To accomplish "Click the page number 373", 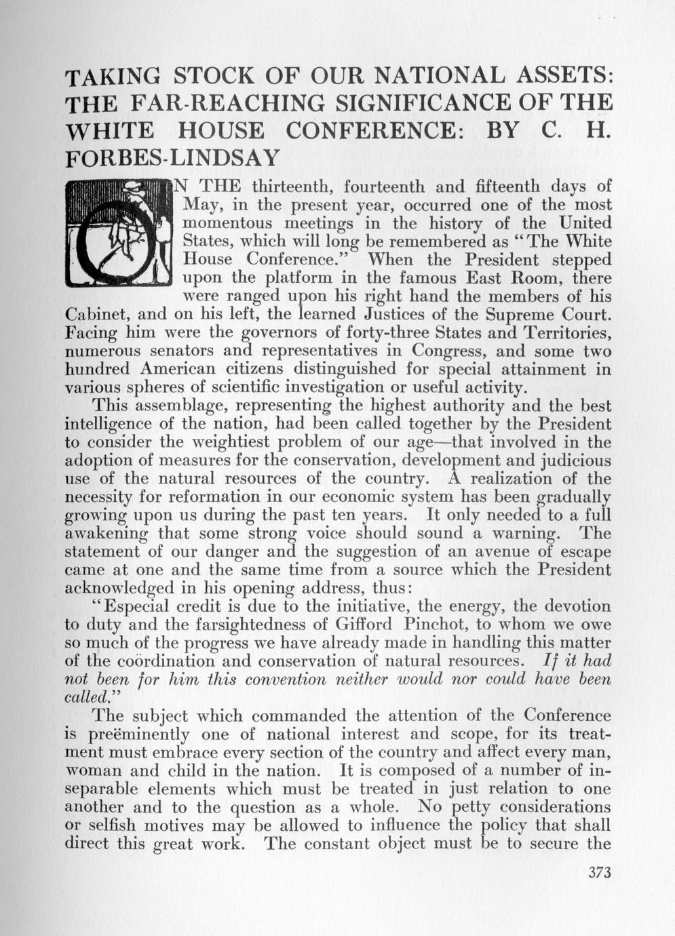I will pos(600,872).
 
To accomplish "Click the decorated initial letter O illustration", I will pos(119,233).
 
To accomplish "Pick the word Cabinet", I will pos(94,315).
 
